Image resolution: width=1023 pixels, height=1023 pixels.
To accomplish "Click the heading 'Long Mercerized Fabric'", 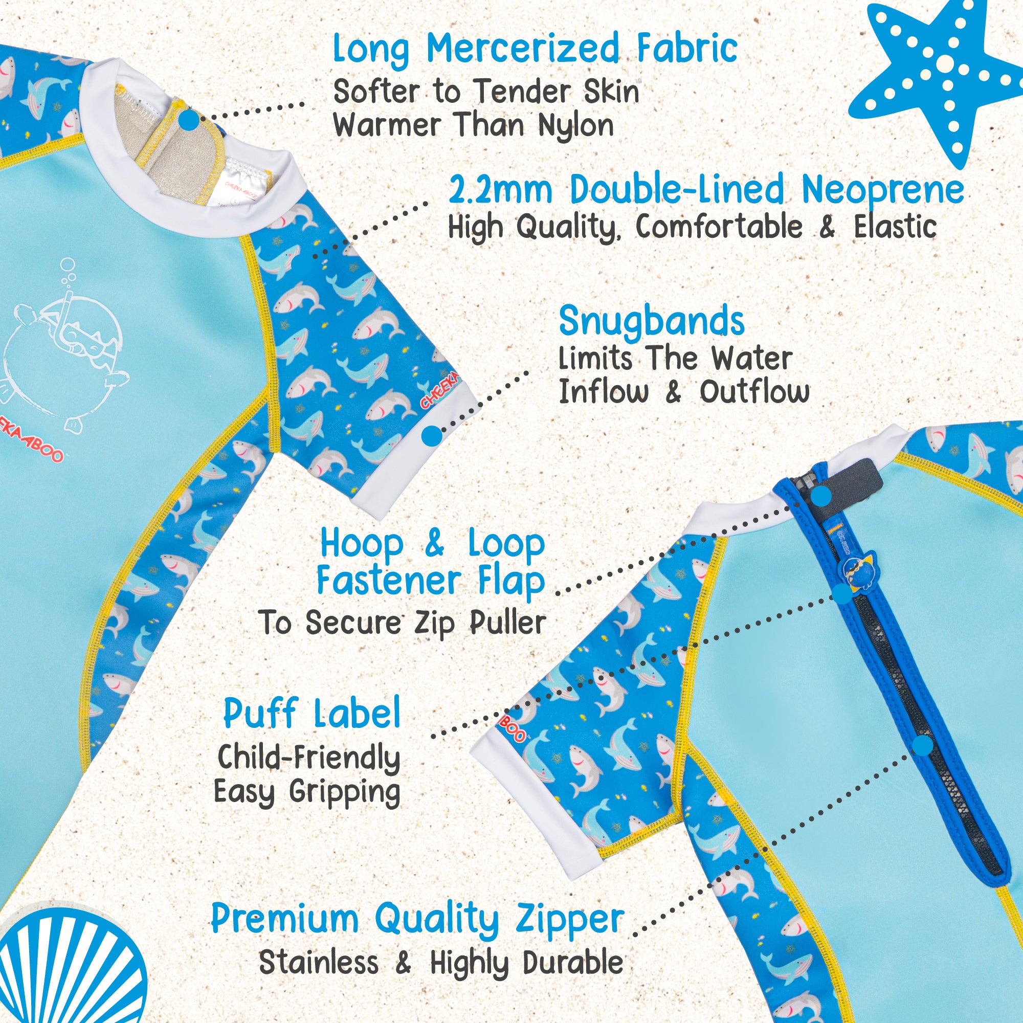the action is click(535, 49).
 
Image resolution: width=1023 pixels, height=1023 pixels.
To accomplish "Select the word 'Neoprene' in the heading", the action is click(883, 191).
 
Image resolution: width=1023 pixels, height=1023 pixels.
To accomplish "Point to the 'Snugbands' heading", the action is click(651, 322).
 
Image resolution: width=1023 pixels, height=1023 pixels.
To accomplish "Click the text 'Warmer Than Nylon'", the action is click(473, 126).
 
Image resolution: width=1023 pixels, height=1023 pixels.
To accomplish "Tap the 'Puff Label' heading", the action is click(312, 714).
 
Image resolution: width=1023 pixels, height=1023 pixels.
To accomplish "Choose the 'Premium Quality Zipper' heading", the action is click(418, 920).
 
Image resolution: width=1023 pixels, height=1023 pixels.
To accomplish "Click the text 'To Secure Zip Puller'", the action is click(403, 622).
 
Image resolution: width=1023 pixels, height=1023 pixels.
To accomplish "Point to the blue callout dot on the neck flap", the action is click(189, 120).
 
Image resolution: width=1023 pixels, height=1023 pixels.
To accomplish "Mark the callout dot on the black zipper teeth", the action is click(922, 746).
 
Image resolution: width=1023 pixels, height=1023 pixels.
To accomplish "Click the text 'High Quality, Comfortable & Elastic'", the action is click(692, 228).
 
